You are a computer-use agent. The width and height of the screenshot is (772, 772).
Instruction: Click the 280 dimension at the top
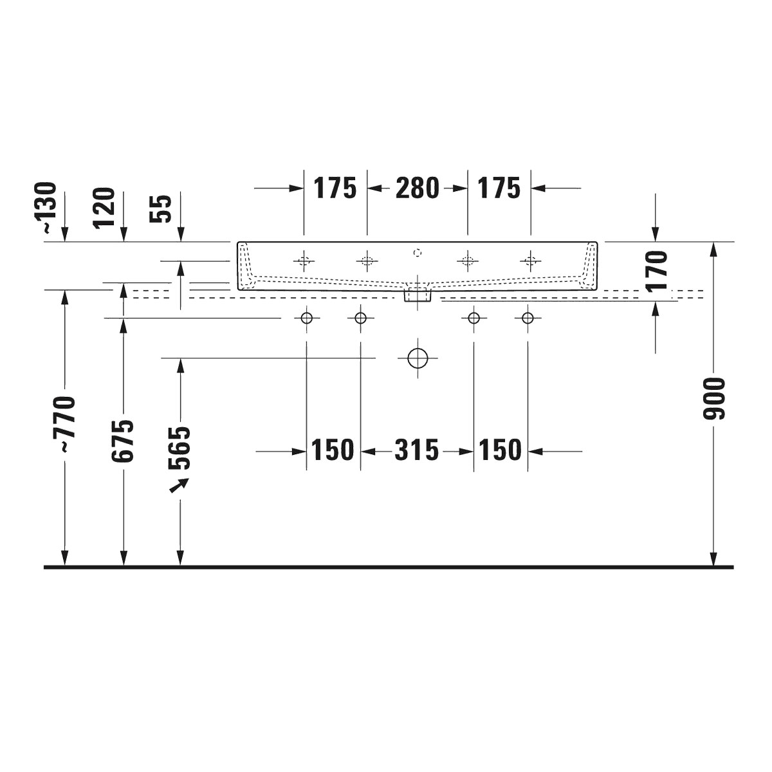417,188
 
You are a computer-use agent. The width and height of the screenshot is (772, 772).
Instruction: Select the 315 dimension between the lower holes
416,450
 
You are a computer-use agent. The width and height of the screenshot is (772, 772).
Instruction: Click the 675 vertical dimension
123,441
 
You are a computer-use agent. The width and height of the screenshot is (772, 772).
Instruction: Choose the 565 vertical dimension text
180,448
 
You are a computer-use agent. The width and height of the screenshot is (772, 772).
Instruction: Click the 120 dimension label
104,208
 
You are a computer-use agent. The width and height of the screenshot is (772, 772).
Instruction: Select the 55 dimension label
163,208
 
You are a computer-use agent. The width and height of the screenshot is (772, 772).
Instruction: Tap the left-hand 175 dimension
335,188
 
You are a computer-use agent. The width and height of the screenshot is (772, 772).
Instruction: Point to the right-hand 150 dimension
500,450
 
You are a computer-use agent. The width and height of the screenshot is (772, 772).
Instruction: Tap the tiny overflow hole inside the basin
417,252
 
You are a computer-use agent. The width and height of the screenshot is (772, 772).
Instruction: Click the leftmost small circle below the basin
306,318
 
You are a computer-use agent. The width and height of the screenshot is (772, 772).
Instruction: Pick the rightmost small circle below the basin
528,318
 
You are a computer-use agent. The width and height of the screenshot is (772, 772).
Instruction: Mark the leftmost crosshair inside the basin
304,261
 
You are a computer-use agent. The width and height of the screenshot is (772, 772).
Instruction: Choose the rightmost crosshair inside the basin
530,261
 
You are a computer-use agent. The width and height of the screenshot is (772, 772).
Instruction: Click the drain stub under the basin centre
418,295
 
